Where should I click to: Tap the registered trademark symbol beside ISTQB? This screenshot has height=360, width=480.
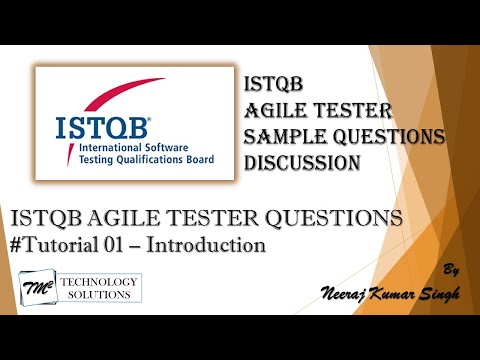pos(149,119)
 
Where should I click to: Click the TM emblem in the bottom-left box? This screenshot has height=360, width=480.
pos(35,288)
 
